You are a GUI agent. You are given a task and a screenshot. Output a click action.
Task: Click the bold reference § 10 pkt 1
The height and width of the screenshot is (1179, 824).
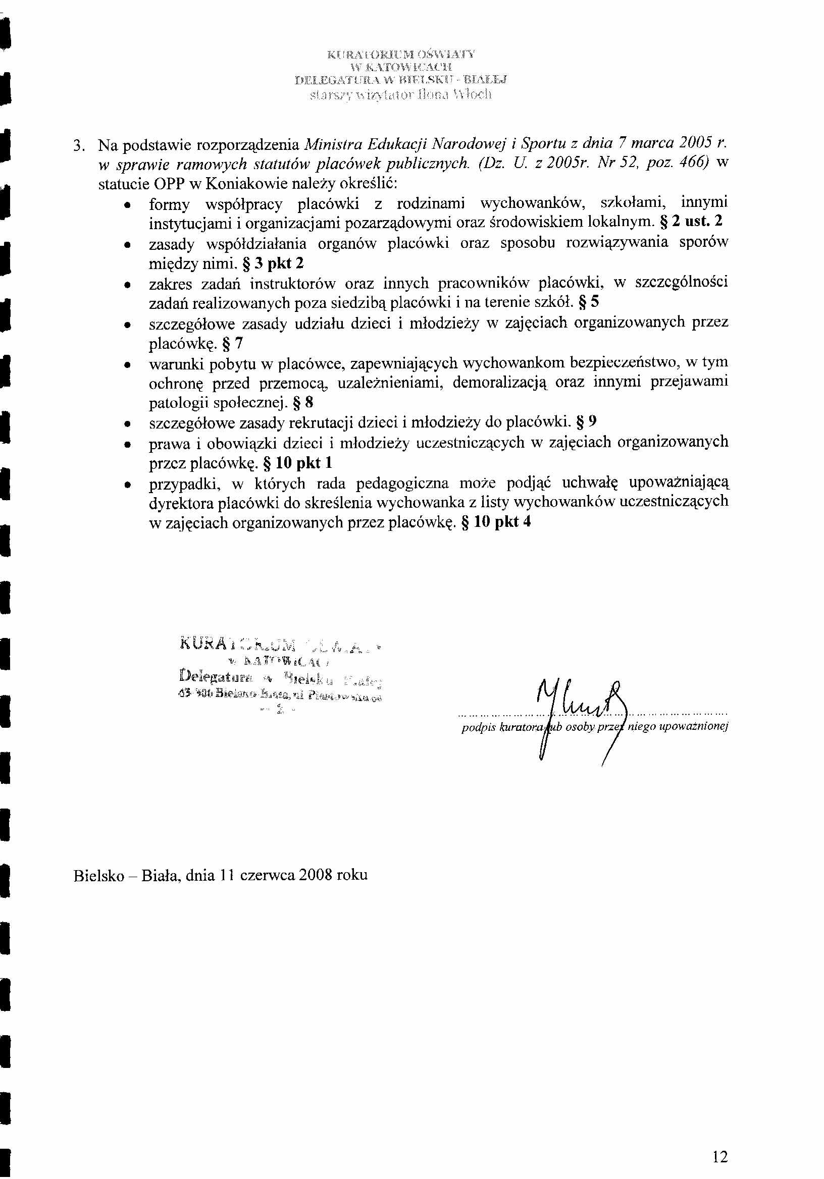(x=297, y=463)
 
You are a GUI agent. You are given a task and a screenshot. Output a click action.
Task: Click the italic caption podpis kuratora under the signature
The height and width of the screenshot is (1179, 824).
(x=503, y=727)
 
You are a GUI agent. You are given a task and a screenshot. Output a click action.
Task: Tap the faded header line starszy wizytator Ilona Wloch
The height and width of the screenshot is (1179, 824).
(x=400, y=95)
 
